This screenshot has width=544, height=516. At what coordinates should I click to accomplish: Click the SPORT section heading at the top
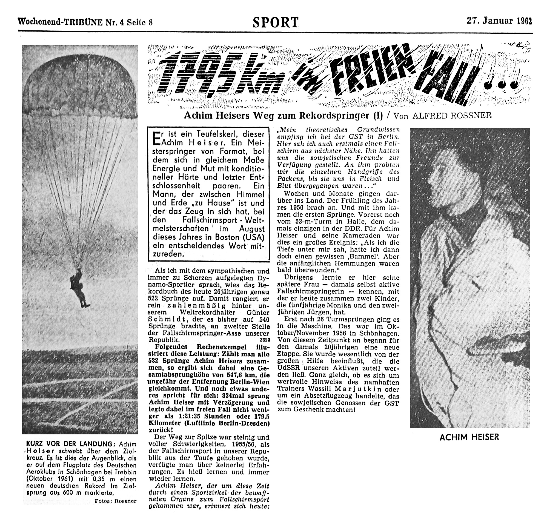coord(275,22)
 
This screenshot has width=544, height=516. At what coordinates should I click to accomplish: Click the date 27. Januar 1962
coord(499,21)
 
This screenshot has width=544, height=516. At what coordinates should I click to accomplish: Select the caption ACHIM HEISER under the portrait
coord(469,437)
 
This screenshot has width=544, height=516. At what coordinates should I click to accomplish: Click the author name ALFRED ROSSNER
coord(452,116)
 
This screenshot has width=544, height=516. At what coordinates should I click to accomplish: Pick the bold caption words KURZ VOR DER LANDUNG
coord(69,444)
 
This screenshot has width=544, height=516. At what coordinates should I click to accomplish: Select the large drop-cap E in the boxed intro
coord(156,138)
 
